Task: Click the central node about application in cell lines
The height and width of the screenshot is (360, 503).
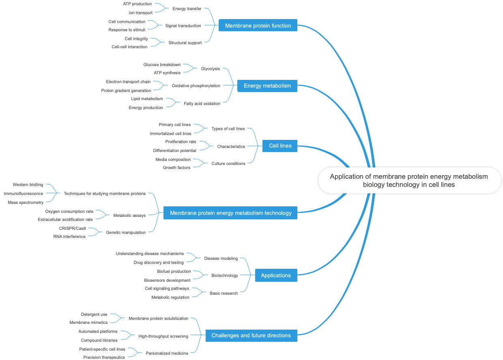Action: (409, 180)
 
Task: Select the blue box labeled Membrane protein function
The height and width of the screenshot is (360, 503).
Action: (258, 26)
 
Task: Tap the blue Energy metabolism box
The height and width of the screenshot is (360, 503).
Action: (267, 86)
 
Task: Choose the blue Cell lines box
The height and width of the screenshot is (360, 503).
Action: (280, 146)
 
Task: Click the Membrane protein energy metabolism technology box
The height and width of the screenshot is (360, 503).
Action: (230, 213)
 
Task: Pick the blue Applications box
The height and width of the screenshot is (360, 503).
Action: (276, 275)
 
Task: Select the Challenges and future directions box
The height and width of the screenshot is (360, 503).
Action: (251, 335)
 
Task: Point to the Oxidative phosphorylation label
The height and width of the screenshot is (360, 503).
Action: (196, 86)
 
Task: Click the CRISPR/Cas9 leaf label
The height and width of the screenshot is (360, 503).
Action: (72, 228)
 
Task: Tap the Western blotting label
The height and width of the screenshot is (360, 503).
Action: (28, 184)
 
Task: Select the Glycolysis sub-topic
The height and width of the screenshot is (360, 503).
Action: (210, 69)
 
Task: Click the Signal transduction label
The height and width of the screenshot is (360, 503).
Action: (183, 26)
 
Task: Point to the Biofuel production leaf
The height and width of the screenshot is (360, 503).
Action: (174, 271)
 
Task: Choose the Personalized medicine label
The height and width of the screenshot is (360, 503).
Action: (167, 353)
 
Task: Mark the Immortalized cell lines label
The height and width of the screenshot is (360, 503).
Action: (170, 133)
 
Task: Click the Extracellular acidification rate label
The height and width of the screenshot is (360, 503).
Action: (65, 219)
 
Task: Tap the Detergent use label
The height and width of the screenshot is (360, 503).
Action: (94, 314)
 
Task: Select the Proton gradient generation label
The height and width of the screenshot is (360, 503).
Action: (126, 90)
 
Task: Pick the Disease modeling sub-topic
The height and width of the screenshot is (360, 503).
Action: (221, 258)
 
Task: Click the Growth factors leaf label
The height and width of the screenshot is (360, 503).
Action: (176, 167)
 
